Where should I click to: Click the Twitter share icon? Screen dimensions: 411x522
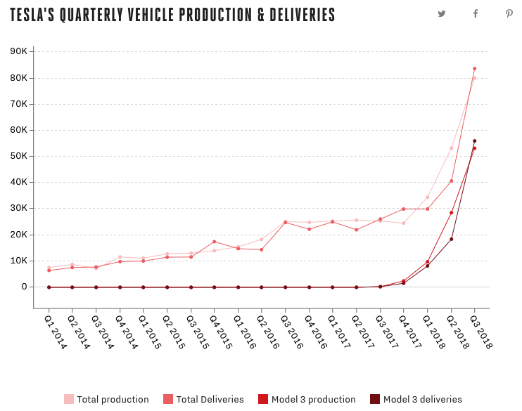442,13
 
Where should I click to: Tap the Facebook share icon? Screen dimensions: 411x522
476,13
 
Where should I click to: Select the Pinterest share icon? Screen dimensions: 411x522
509,13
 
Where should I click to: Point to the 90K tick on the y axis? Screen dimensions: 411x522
18,51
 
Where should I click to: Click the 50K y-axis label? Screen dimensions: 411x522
18,156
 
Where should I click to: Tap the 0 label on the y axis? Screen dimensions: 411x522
24,287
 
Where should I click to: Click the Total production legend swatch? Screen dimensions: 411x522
69,399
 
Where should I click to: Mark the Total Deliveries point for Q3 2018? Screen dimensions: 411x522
474,69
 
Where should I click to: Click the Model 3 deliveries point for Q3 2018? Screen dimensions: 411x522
474,141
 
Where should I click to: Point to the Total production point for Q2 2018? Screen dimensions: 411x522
451,148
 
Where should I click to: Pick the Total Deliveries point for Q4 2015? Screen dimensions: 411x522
214,242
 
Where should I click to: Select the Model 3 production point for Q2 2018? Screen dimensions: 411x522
451,212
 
